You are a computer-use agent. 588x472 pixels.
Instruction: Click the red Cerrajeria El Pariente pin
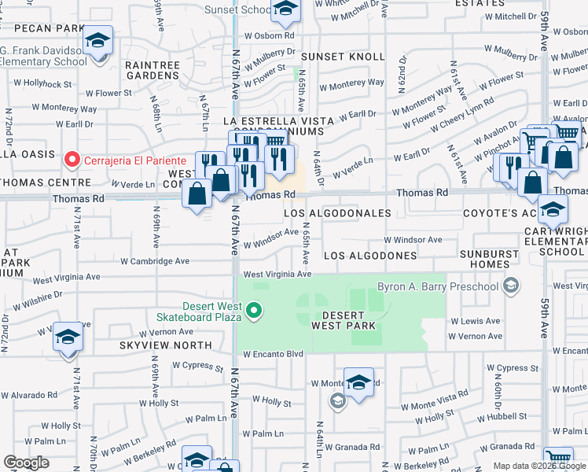tap(72, 159)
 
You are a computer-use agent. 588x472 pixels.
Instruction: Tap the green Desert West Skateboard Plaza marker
tap(253, 312)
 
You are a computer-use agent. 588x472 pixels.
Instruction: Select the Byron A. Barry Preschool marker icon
tap(513, 286)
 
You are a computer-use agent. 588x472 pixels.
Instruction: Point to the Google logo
tap(26, 463)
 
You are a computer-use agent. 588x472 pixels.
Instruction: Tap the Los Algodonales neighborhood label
tap(337, 213)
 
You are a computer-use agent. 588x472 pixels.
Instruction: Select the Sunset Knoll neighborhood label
tap(343, 57)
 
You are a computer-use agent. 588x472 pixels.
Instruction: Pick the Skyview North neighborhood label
tap(165, 345)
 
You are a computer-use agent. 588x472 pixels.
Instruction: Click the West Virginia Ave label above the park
tap(277, 275)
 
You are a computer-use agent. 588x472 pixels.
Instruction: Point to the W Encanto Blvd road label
tap(273, 354)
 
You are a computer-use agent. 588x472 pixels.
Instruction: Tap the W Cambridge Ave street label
tap(155, 261)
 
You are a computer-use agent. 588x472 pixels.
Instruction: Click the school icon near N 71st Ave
tap(68, 338)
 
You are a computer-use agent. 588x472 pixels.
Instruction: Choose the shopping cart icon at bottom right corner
tap(558, 459)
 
